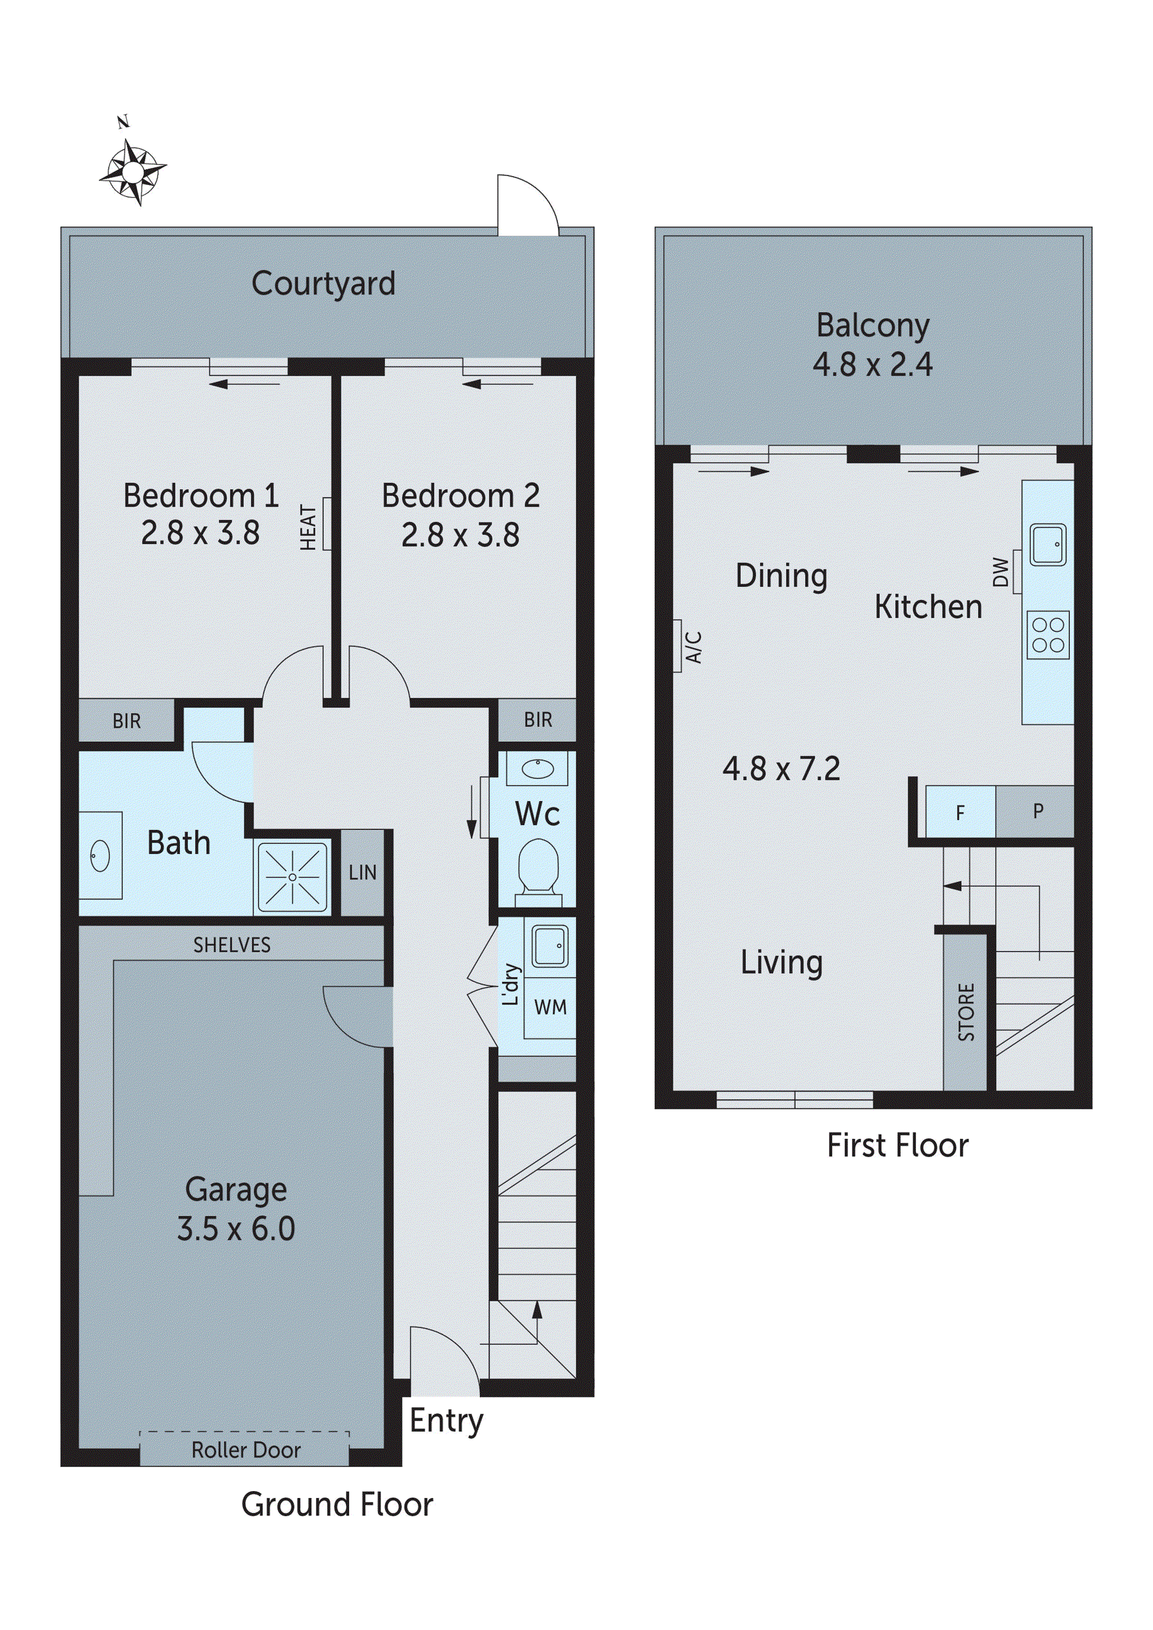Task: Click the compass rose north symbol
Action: click(x=132, y=170)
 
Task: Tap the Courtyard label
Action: click(x=323, y=284)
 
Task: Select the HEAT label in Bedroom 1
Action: click(x=308, y=527)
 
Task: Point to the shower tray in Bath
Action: click(x=292, y=876)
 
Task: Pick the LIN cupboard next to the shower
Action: click(x=363, y=873)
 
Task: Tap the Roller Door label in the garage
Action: click(x=246, y=1449)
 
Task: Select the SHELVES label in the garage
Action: click(x=232, y=945)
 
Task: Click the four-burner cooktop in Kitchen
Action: click(x=1048, y=634)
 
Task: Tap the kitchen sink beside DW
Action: click(x=1048, y=545)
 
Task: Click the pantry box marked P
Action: click(x=1037, y=811)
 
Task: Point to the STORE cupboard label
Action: click(x=966, y=1012)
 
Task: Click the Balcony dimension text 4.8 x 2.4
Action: click(x=872, y=365)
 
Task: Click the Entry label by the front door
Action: click(x=446, y=1421)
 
